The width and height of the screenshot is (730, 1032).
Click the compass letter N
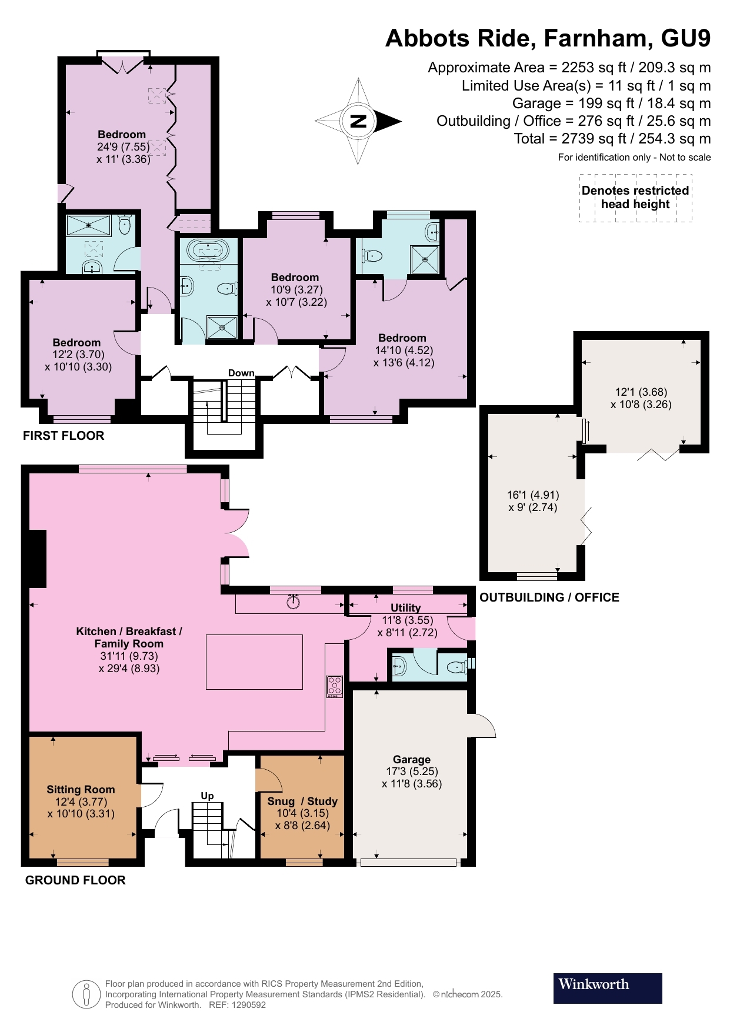[x=358, y=122]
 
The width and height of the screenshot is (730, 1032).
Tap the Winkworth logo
[x=607, y=988]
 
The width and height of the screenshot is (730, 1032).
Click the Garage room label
[x=411, y=759]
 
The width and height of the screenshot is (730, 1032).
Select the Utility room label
[x=405, y=607]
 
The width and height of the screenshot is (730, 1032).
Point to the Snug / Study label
[x=302, y=801]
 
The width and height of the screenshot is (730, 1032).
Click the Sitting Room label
[x=81, y=789]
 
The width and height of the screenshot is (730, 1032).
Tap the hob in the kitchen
[x=335, y=687]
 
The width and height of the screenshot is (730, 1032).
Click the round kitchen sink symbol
[x=294, y=602]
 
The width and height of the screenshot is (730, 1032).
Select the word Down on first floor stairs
[x=241, y=373]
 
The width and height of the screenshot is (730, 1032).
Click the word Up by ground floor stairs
[x=207, y=796]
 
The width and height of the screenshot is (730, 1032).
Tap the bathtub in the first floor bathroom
[x=208, y=251]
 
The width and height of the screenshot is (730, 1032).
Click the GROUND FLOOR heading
[x=75, y=880]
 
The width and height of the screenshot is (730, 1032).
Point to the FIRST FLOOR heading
[x=64, y=435]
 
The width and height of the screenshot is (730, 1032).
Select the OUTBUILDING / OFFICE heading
[x=549, y=597]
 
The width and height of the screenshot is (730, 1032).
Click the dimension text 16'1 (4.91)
[x=533, y=495]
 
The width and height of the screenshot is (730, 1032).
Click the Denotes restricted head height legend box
[x=635, y=198]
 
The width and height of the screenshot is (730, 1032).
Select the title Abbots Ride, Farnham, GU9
[x=548, y=38]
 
